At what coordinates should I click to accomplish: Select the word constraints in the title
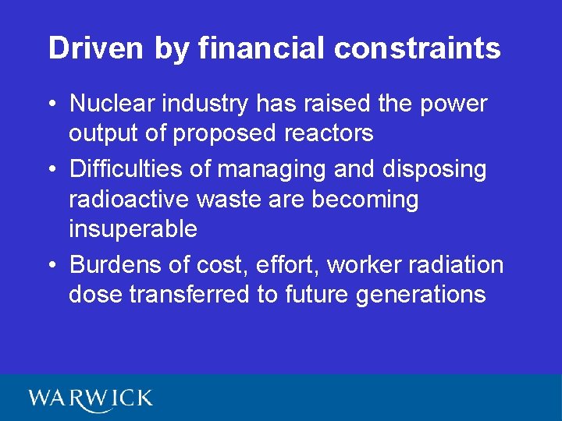click(x=417, y=48)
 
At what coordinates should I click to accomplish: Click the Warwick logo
click(x=91, y=398)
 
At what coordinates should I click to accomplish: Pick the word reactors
click(x=328, y=133)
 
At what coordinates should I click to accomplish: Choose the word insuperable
click(x=133, y=229)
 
